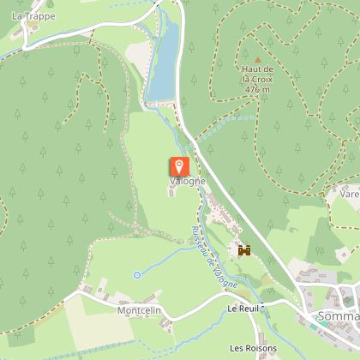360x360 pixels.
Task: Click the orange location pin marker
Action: click(x=180, y=166)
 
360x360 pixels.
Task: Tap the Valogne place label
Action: click(x=187, y=183)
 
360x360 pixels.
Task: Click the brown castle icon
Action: click(x=244, y=251)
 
